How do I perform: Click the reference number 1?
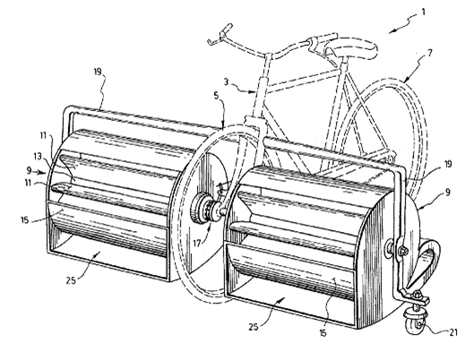(x=423, y=12)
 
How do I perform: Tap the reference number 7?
(x=429, y=53)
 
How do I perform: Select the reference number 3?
(x=227, y=81)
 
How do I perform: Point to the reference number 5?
(x=216, y=96)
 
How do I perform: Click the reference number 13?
(x=37, y=157)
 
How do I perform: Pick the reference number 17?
(x=197, y=243)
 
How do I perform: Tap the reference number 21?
(x=453, y=332)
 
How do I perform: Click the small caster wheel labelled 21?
(x=416, y=324)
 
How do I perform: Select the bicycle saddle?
(x=353, y=48)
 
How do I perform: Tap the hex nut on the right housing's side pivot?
(x=403, y=251)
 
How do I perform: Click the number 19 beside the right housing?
(x=447, y=164)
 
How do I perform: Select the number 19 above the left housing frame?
(x=98, y=72)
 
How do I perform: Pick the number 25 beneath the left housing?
(x=71, y=280)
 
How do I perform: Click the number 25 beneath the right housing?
(x=254, y=327)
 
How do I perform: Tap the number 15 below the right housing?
(x=323, y=333)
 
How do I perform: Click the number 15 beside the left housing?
(x=25, y=220)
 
